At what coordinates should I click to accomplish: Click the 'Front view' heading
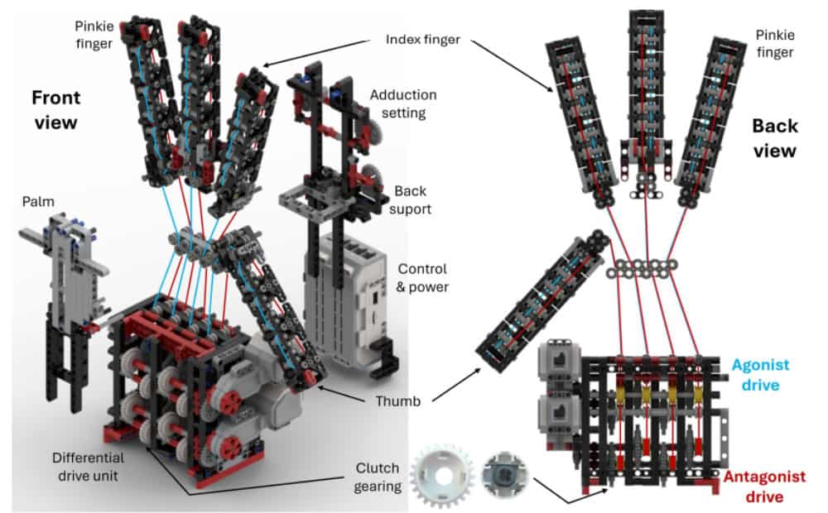pos(55,109)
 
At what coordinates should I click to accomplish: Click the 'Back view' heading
pos(775,137)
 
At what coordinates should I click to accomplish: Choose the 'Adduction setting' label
pos(403,104)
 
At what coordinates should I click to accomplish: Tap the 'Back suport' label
pos(412,199)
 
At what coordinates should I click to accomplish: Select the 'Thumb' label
pos(392,401)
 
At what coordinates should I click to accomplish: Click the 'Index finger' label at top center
pos(422,39)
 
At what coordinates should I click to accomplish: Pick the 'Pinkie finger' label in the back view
pos(774,42)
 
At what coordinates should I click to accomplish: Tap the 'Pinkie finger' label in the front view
pos(92,34)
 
